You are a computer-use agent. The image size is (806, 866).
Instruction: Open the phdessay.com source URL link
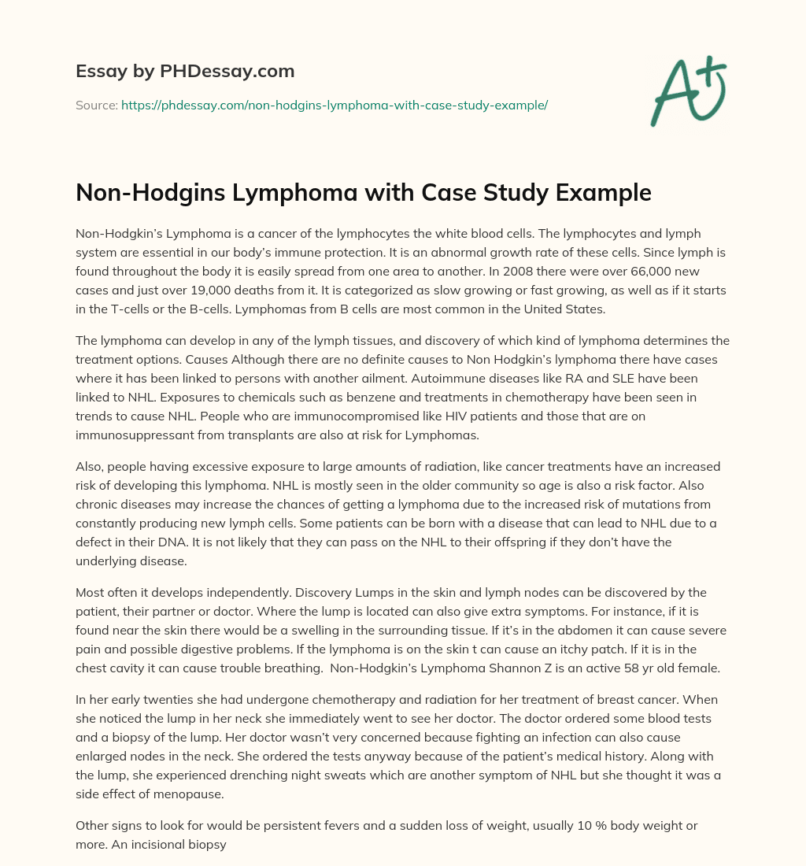[334, 105]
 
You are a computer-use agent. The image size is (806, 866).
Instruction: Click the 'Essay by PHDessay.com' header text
[185, 72]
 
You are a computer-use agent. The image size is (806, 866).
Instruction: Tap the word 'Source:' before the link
[96, 105]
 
